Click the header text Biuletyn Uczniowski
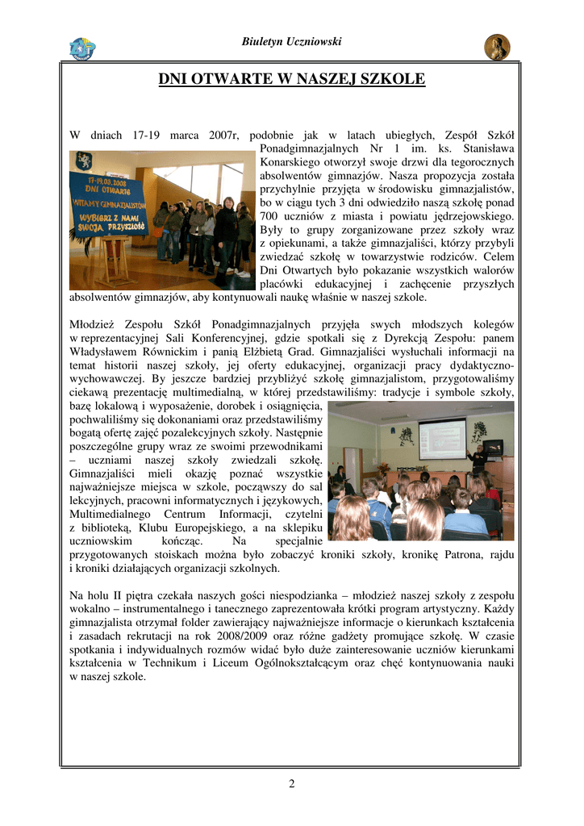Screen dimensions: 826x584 tap(291, 41)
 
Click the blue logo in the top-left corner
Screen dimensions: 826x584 tap(81, 48)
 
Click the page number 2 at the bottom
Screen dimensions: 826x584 tap(292, 783)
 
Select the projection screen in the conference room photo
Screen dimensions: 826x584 tap(441, 438)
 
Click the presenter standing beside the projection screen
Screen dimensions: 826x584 tap(478, 458)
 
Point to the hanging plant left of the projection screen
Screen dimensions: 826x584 tap(406, 436)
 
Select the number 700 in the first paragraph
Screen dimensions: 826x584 tap(273, 217)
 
